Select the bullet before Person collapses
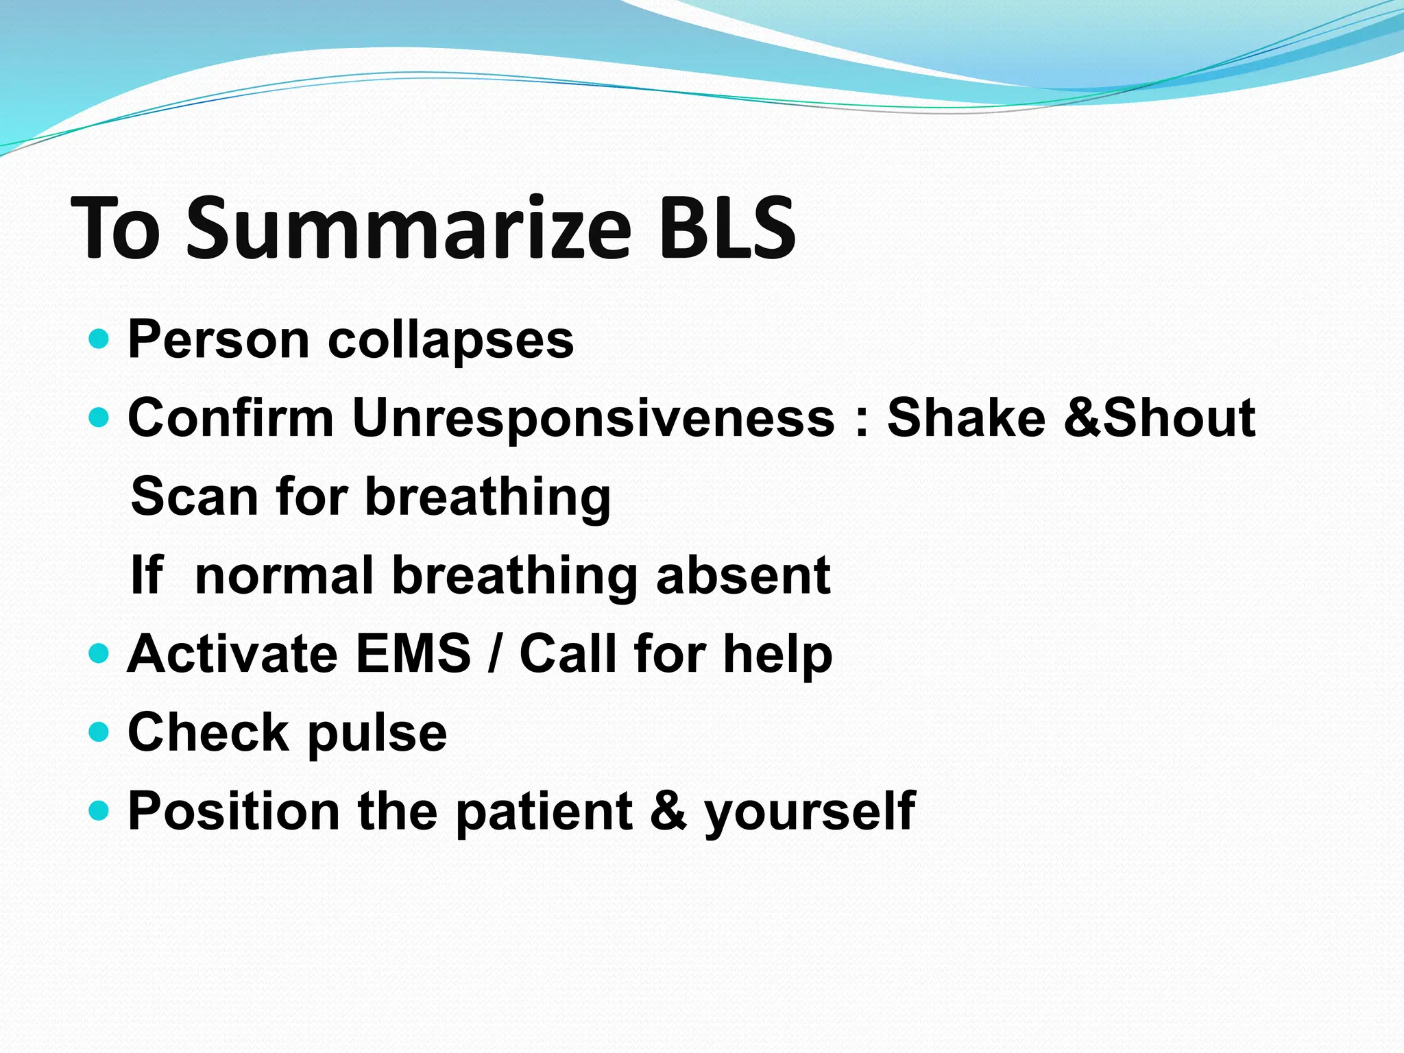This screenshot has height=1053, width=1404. click(x=99, y=339)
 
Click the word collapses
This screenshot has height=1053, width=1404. click(x=450, y=340)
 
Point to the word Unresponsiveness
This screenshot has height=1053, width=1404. click(x=593, y=418)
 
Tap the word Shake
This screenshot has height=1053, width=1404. click(x=966, y=418)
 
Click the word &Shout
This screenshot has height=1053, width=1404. click(x=1159, y=418)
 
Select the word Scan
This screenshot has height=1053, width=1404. click(x=194, y=496)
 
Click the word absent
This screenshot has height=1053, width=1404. click(x=743, y=575)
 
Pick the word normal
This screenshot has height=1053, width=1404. click(x=284, y=575)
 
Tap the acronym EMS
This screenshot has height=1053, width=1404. click(x=413, y=653)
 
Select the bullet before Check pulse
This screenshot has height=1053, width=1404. click(x=99, y=731)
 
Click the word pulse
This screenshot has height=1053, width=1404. click(x=376, y=734)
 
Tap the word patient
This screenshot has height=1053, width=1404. click(x=544, y=812)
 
